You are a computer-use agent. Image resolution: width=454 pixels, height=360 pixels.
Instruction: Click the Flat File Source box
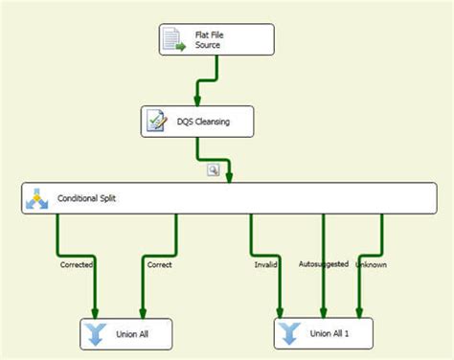(x=216, y=40)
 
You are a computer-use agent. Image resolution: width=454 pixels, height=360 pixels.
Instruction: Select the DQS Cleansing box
(x=198, y=122)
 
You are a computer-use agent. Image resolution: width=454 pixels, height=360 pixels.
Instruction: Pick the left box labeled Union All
(x=126, y=334)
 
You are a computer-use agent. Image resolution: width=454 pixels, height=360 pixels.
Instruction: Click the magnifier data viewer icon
(x=214, y=169)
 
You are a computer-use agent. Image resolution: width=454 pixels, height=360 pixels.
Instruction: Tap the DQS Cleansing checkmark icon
(x=156, y=122)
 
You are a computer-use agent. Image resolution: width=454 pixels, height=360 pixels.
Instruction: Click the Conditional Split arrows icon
(x=37, y=199)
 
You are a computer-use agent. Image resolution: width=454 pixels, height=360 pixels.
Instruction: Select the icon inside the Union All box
(x=96, y=334)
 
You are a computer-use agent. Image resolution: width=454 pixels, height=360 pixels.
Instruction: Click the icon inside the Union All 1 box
(x=290, y=334)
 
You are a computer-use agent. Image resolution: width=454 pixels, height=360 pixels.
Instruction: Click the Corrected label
(x=77, y=264)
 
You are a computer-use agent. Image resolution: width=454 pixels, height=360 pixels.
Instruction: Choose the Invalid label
(x=267, y=264)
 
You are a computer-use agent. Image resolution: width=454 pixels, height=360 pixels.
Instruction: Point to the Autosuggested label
(x=323, y=263)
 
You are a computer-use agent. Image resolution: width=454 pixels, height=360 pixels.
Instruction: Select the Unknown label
(x=371, y=263)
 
